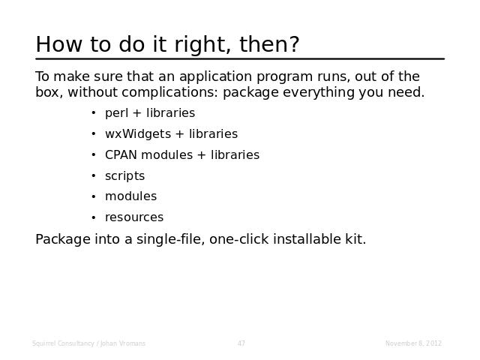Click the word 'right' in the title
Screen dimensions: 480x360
click(x=202, y=46)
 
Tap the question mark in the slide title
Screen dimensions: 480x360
click(x=293, y=43)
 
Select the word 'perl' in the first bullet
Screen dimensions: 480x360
click(x=116, y=113)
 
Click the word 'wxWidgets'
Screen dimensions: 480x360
click(x=138, y=134)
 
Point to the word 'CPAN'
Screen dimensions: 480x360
click(x=121, y=155)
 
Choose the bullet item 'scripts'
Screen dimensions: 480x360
click(x=125, y=177)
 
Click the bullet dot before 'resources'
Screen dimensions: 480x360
click(x=94, y=217)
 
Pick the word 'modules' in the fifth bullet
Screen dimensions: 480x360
click(x=130, y=196)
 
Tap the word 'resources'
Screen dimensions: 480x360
click(x=134, y=217)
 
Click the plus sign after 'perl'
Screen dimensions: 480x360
click(x=136, y=113)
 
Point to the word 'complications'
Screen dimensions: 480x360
click(x=170, y=93)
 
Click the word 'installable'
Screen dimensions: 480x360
click(x=307, y=239)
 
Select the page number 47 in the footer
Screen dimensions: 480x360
click(x=241, y=343)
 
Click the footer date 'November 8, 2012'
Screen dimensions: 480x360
click(x=413, y=343)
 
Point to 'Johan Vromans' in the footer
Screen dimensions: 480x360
click(x=123, y=343)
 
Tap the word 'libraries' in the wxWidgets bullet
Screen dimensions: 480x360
click(x=213, y=134)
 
